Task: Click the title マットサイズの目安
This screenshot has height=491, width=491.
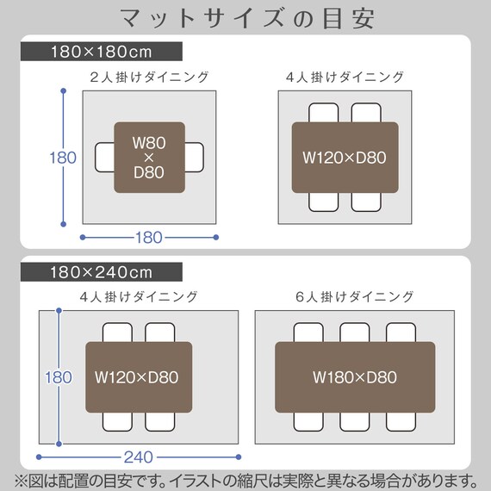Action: (x=247, y=18)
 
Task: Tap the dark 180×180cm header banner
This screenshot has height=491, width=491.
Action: (x=102, y=52)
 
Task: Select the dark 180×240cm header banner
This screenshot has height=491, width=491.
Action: (x=102, y=272)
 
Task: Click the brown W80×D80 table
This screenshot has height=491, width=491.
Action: (x=149, y=158)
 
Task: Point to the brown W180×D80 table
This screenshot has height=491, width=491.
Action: (x=355, y=377)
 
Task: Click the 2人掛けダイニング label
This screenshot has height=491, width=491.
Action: (x=149, y=77)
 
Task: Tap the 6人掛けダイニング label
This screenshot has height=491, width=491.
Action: (x=355, y=297)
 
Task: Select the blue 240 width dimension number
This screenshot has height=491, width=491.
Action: (x=139, y=457)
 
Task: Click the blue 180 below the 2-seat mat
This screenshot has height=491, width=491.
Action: (x=149, y=238)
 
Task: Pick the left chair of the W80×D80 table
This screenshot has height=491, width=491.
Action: (x=104, y=157)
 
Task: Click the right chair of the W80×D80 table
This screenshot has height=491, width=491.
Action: (x=194, y=157)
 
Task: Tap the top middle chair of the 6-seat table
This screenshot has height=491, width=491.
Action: (x=355, y=333)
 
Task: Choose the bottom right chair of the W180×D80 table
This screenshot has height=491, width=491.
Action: (x=401, y=421)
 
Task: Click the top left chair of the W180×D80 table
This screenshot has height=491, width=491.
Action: (x=308, y=333)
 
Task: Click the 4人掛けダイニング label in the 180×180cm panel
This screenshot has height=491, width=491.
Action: (x=345, y=77)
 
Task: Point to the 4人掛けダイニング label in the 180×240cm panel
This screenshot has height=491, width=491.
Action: (x=139, y=297)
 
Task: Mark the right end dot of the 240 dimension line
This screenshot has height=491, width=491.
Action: (x=239, y=457)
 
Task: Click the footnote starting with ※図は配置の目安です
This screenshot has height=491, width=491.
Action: (x=245, y=481)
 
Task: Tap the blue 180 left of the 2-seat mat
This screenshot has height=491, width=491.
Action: (x=63, y=158)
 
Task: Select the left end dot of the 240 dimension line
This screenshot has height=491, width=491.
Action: (x=39, y=457)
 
